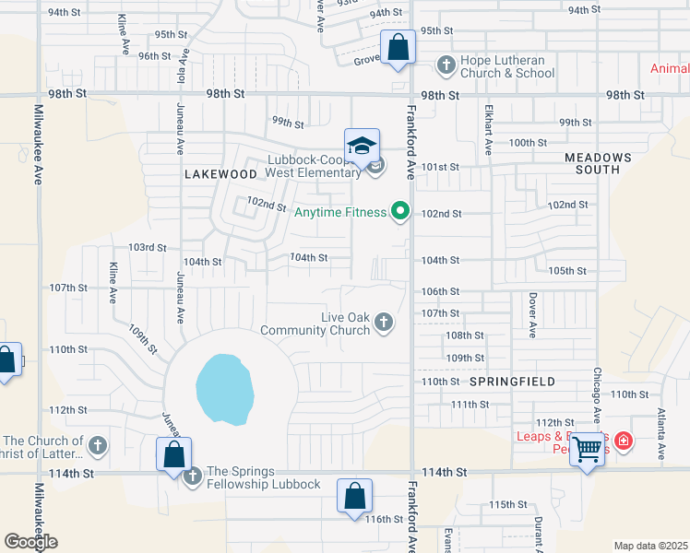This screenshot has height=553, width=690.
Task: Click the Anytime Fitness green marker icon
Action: pos(399,213)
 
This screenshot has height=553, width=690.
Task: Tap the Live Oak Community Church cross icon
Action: pos(384,323)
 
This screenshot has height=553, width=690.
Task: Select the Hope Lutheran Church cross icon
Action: pos(446,64)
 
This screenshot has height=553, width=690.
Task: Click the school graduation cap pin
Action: pos(362,147)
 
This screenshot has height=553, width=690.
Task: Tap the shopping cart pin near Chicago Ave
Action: pos(587,451)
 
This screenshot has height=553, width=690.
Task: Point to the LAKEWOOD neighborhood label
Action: pos(220,173)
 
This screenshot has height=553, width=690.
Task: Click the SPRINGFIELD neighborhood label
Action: pos(512,381)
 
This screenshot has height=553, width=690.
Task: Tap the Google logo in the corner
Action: pos(30,542)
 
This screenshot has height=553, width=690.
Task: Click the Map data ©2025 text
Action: pos(650,546)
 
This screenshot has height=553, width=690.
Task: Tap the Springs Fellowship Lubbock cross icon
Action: pos(192,477)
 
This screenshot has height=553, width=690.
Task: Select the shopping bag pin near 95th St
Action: pos(397,47)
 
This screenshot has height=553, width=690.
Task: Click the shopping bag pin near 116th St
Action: pos(354,497)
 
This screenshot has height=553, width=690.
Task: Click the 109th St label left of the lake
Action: pos(144,337)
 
